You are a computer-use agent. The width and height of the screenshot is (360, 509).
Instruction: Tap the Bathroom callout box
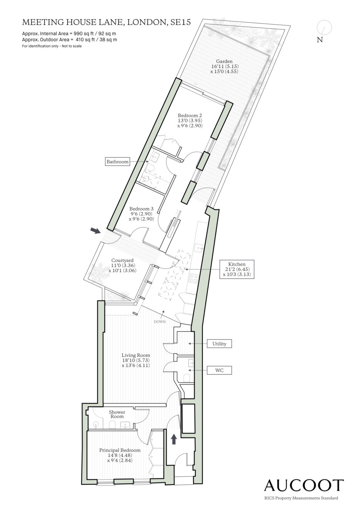(118, 162)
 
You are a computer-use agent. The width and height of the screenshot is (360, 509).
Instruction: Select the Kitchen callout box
(237, 269)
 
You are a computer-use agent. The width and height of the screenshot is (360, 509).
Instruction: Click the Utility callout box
(219, 344)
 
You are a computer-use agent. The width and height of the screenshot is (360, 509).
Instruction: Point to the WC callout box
(219, 371)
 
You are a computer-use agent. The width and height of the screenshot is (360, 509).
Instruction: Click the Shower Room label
(117, 414)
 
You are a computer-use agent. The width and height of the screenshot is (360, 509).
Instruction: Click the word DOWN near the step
(160, 322)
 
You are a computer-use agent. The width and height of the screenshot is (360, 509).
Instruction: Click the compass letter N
(320, 40)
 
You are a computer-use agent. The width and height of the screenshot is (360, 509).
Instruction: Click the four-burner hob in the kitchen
(193, 278)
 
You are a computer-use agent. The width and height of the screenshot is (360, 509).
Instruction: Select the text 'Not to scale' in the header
(71, 46)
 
